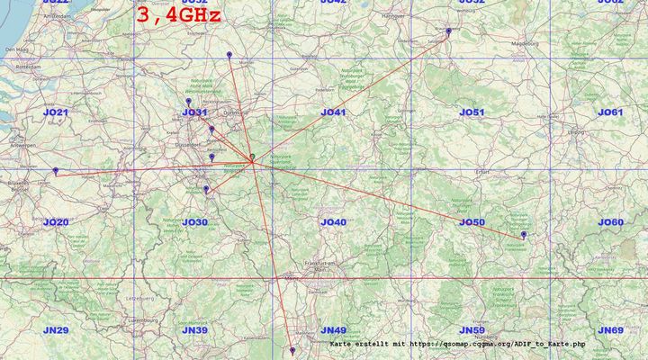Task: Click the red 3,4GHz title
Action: [x=178, y=14]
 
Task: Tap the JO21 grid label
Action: [x=56, y=112]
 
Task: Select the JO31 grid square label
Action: [x=194, y=112]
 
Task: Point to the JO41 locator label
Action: [x=333, y=112]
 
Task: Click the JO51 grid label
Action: [x=472, y=112]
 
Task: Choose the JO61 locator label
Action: [x=610, y=112]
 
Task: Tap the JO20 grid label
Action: [x=56, y=222]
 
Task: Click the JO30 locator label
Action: [x=194, y=222]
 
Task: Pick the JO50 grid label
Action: [x=472, y=222]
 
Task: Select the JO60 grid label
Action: [x=610, y=222]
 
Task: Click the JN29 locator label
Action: [x=56, y=331]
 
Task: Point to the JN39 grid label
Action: [x=194, y=331]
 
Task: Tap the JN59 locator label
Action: [x=472, y=331]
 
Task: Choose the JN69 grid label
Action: [x=610, y=331]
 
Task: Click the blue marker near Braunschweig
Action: [x=448, y=31]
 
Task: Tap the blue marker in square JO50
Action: [x=524, y=235]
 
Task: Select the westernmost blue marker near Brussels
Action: [x=56, y=170]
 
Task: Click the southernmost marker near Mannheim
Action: [x=292, y=351]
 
